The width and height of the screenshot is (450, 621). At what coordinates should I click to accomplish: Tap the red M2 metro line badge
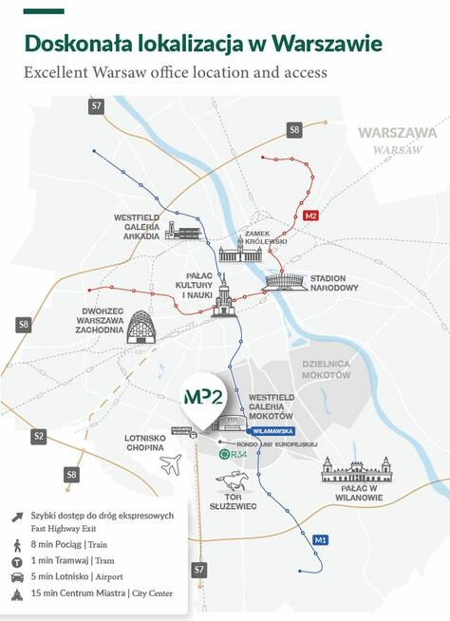point(310,216)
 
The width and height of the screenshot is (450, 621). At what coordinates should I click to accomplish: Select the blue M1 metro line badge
point(321,540)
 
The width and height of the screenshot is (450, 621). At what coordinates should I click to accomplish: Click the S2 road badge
point(38,437)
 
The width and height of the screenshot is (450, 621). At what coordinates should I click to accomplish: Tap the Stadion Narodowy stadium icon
point(287,282)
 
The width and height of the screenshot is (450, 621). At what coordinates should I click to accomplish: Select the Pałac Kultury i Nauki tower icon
point(224,298)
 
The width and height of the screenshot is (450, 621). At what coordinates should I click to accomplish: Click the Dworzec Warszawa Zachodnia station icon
point(140,328)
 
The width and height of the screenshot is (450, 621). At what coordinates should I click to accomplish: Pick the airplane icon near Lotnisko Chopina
point(170,464)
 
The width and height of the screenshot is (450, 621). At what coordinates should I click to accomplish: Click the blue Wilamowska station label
point(271,429)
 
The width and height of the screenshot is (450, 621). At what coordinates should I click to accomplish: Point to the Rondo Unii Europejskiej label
point(282,443)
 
